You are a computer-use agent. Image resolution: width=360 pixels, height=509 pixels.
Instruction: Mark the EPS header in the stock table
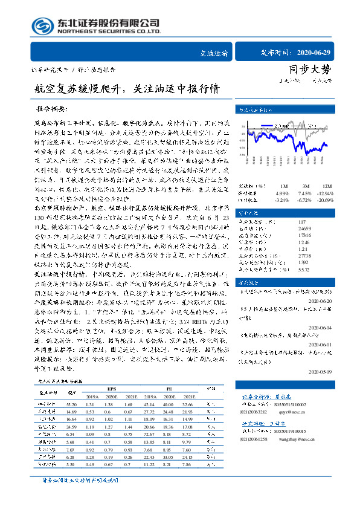coord(111,389)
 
